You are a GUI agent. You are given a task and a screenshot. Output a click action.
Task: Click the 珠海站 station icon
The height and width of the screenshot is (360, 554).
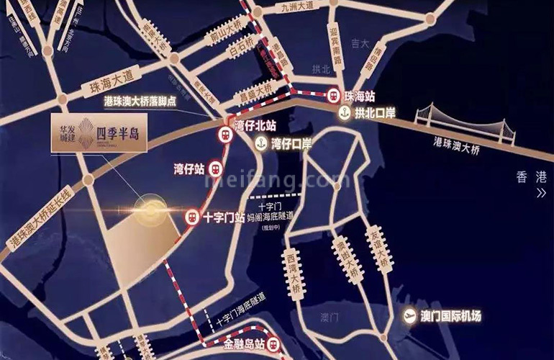click(333, 94)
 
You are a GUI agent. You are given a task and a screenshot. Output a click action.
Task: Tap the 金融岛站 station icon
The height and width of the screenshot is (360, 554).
click(273, 346)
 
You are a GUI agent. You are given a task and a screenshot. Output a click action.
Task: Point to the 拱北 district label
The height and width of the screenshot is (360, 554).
click(320, 69)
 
